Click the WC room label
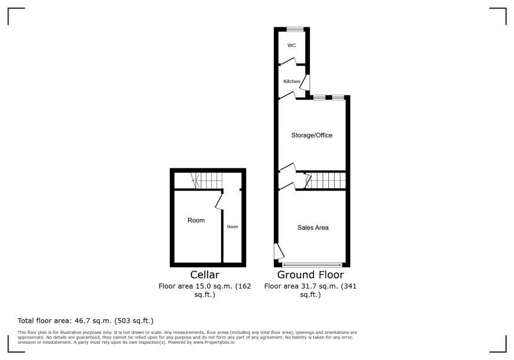[x=291, y=45]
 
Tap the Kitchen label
[x=292, y=81]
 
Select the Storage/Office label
[x=312, y=135]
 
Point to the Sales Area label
[x=313, y=228]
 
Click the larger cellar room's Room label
[x=196, y=220]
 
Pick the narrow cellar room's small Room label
[x=233, y=226]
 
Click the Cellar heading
[x=205, y=274]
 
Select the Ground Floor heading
[x=310, y=274]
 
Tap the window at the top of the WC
[x=295, y=30]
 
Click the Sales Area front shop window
[x=312, y=265]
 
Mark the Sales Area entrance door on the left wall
[x=278, y=251]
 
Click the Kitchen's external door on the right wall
[x=305, y=82]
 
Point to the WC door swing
[x=288, y=62]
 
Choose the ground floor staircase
[x=325, y=180]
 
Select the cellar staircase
[x=207, y=181]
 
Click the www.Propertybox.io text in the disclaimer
[x=213, y=342]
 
